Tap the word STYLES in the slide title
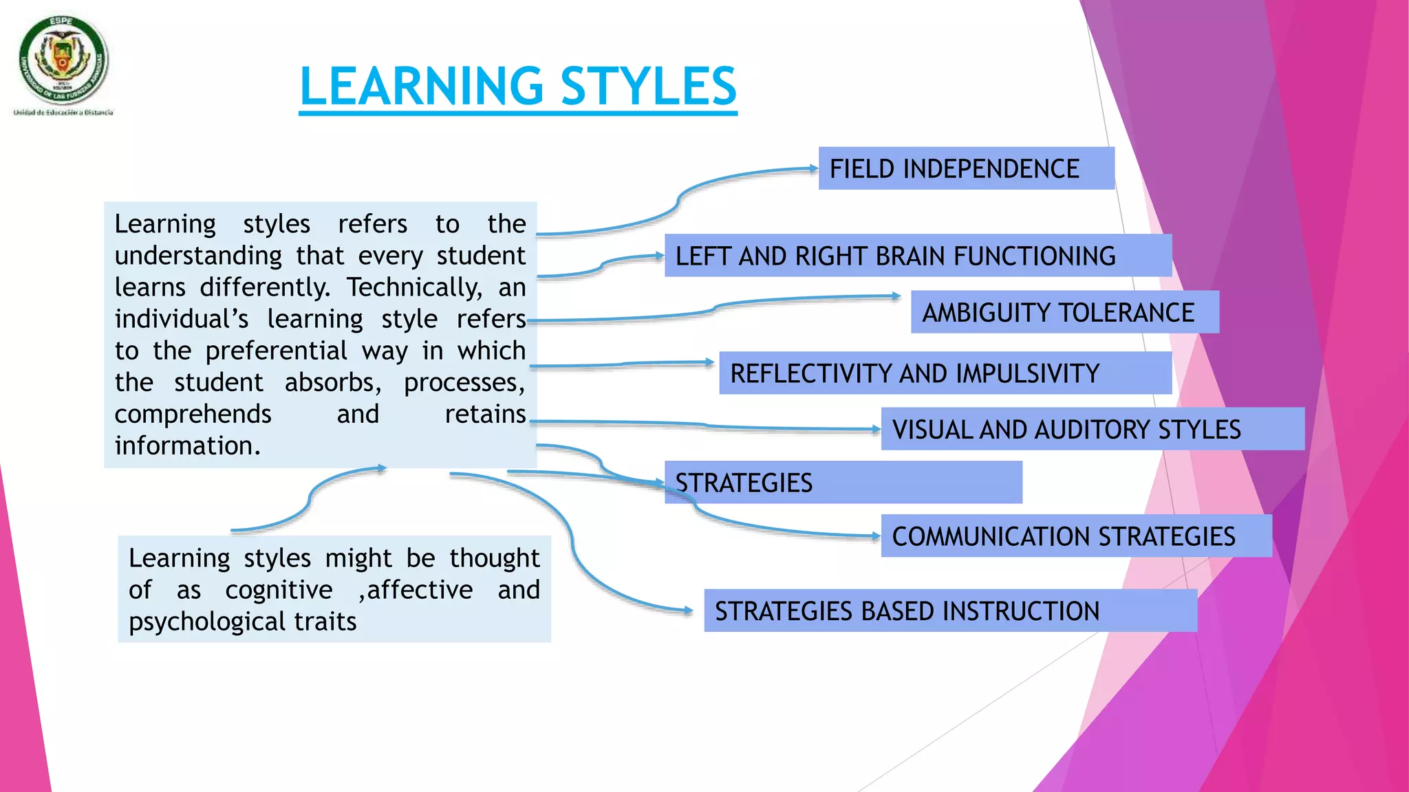pos(648,87)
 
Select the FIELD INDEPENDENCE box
pos(965,168)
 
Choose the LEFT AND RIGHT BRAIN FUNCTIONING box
pos(917,256)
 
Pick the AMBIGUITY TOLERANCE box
pos(1064,312)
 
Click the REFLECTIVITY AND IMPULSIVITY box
pos(945,373)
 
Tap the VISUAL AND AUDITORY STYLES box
pos(1092,429)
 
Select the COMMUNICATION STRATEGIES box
pos(1075,536)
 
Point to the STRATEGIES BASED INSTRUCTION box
pos(949,610)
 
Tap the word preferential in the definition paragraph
pos(276,351)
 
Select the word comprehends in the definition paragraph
pos(193,414)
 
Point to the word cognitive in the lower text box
pos(279,590)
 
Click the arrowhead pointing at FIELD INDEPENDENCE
pos(813,168)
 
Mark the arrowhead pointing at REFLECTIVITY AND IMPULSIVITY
pos(709,362)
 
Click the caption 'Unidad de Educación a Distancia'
pos(63,112)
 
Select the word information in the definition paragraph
pos(187,445)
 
